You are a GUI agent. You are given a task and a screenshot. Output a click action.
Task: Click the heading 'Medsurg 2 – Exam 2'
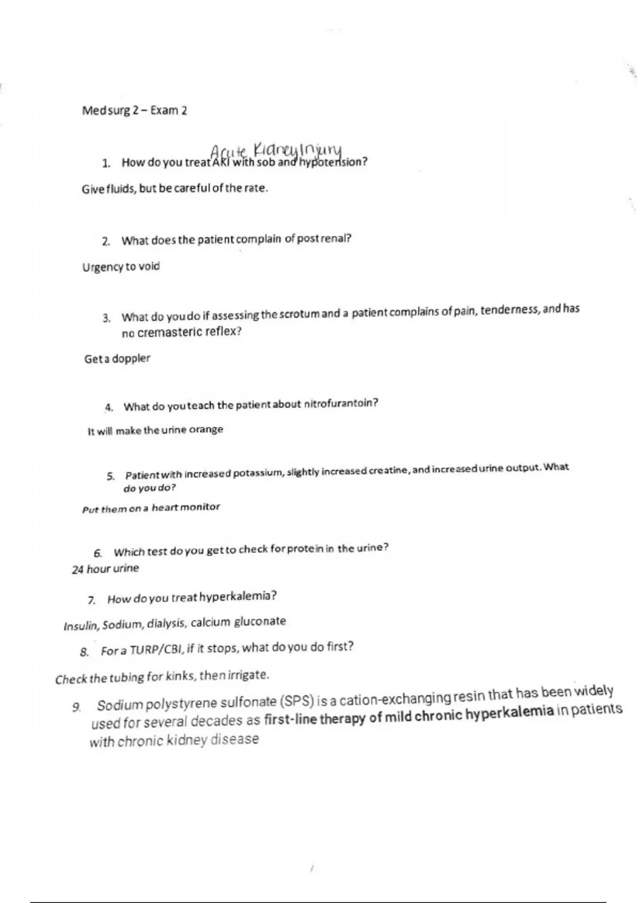click(x=134, y=111)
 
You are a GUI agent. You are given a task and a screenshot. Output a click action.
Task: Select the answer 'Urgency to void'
click(x=121, y=267)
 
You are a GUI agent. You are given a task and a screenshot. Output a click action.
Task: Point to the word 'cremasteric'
click(x=170, y=333)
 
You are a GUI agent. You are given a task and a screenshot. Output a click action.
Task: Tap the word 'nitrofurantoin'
click(x=341, y=404)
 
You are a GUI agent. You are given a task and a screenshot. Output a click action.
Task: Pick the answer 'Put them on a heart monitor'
click(x=151, y=508)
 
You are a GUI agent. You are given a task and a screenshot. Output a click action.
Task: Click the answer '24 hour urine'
click(x=105, y=569)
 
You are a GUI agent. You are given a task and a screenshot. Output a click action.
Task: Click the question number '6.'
click(x=98, y=553)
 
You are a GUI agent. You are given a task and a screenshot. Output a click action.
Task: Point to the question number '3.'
click(x=107, y=318)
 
